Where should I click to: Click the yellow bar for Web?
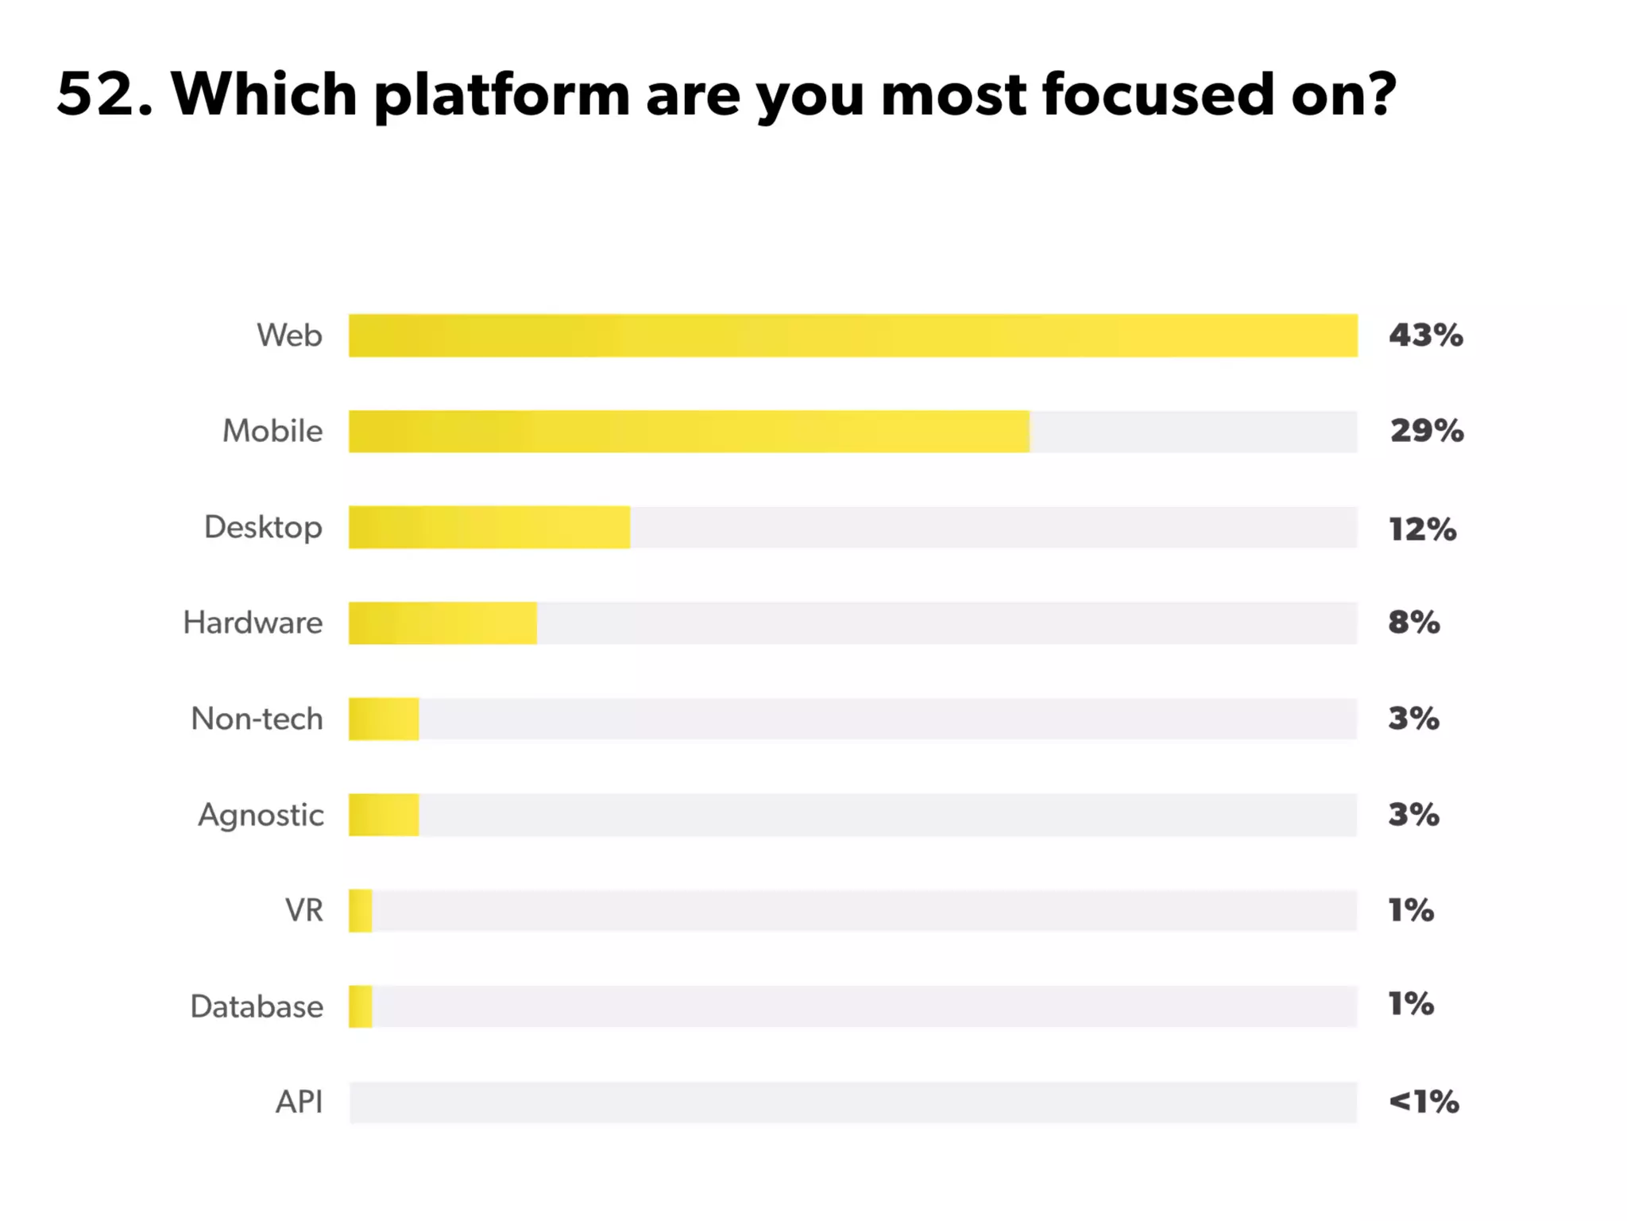pyautogui.click(x=852, y=335)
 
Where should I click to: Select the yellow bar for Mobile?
pyautogui.click(x=689, y=432)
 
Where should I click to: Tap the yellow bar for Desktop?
pyautogui.click(x=489, y=527)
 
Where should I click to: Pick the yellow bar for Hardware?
pyautogui.click(x=442, y=623)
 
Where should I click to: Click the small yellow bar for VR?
pyautogui.click(x=361, y=910)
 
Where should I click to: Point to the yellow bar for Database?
pyautogui.click(x=361, y=1006)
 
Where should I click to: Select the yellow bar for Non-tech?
pyautogui.click(x=384, y=719)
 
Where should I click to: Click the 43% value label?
pyautogui.click(x=1425, y=335)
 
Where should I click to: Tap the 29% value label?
pyautogui.click(x=1426, y=431)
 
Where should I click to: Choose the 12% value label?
pyautogui.click(x=1422, y=529)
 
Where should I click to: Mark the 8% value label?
pyautogui.click(x=1413, y=622)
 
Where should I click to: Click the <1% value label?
pyautogui.click(x=1423, y=1102)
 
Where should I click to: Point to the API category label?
pyautogui.click(x=299, y=1102)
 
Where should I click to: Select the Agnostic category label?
pyautogui.click(x=261, y=816)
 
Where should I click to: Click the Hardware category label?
pyautogui.click(x=253, y=622)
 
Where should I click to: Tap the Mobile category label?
pyautogui.click(x=272, y=431)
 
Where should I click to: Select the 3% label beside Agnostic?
pyautogui.click(x=1413, y=815)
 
